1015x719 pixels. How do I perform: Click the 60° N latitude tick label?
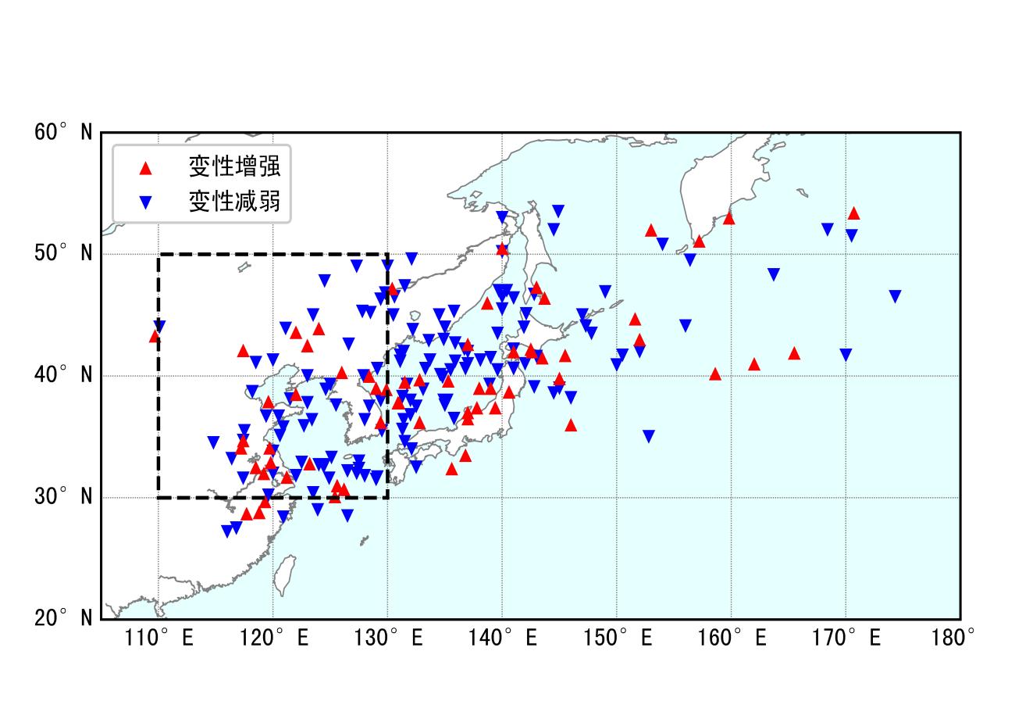point(62,132)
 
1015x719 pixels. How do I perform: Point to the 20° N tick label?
point(62,618)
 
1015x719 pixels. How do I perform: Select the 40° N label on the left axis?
point(62,375)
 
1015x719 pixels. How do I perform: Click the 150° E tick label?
point(617,639)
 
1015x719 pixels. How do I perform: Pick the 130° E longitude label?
point(388,639)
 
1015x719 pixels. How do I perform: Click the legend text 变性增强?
point(233,166)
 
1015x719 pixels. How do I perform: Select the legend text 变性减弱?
point(233,202)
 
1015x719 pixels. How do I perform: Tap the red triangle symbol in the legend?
point(144,167)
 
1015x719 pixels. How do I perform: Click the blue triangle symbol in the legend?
point(144,202)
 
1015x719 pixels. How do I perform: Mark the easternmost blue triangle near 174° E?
point(895,296)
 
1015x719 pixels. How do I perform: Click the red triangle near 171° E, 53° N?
point(853,213)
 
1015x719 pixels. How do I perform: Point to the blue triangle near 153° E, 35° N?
point(648,436)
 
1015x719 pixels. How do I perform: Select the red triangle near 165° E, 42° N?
point(794,353)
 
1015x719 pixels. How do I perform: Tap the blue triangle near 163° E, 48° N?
point(773,274)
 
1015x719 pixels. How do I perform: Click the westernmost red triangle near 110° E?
point(155,336)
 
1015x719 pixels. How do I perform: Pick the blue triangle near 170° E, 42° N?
point(846,355)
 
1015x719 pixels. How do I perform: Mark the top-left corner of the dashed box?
point(159,254)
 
